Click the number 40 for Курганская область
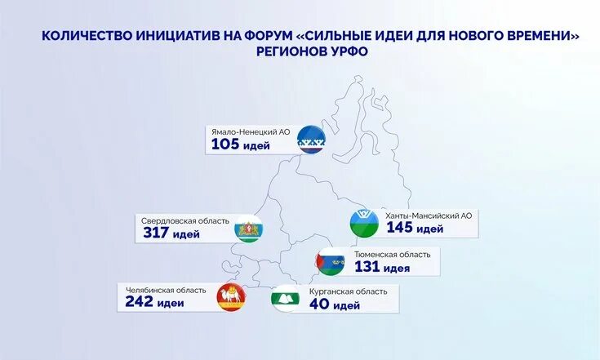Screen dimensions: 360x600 tap(319, 305)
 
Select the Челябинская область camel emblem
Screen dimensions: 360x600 tap(230, 298)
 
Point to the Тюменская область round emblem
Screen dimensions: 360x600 tap(330, 261)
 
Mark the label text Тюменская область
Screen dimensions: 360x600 tap(392, 254)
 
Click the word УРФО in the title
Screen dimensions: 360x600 tap(344, 51)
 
